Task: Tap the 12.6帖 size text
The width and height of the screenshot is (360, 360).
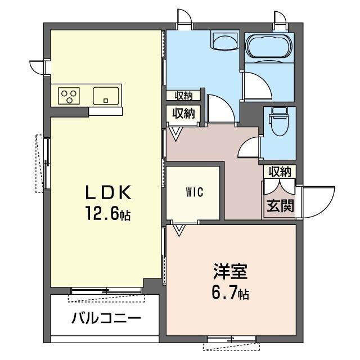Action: [x=108, y=214]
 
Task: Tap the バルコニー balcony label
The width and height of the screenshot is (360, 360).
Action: [x=106, y=318]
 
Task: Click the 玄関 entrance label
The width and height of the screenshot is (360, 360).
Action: [x=280, y=206]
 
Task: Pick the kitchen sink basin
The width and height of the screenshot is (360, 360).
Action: [x=106, y=95]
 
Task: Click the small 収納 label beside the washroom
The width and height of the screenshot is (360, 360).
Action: [x=183, y=96]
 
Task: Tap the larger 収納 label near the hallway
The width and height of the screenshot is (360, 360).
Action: [x=183, y=114]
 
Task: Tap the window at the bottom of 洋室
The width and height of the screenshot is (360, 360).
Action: [x=231, y=339]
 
